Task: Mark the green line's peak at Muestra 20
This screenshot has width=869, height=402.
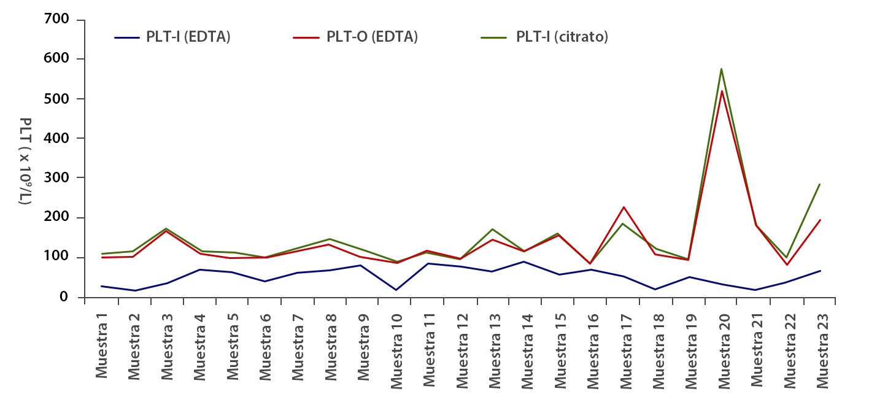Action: click(x=722, y=69)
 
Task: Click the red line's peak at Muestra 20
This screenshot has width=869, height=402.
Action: click(x=722, y=91)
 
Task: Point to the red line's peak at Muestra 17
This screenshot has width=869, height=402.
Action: click(x=624, y=207)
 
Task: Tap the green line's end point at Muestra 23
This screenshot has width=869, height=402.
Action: click(x=819, y=184)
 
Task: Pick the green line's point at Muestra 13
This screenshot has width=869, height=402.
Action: click(x=493, y=229)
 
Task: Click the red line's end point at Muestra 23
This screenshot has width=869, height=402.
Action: click(x=819, y=220)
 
